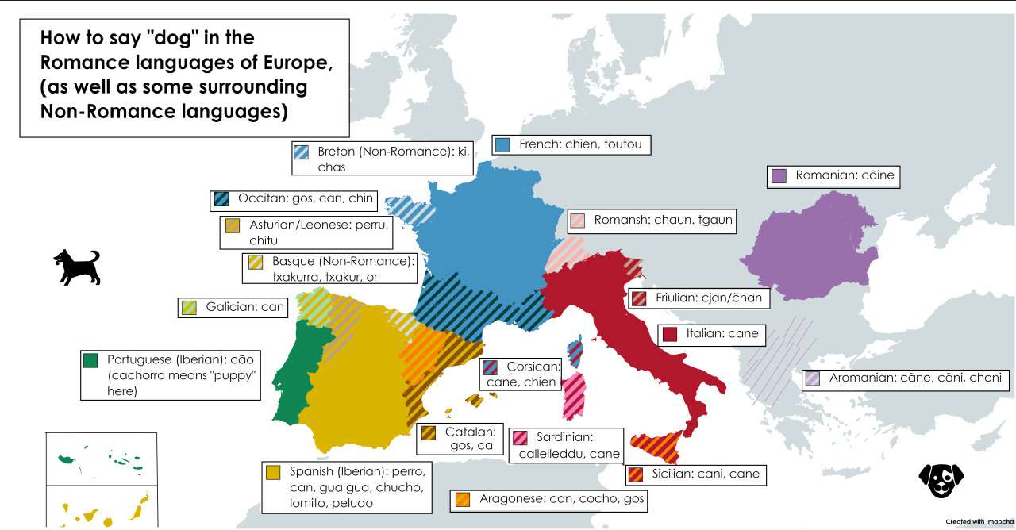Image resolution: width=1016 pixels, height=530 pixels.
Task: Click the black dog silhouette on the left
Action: [x=77, y=267]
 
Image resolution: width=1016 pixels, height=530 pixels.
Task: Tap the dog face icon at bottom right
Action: [x=941, y=480]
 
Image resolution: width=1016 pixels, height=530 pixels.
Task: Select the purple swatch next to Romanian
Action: [x=779, y=175]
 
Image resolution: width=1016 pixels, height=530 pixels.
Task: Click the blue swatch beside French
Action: [x=502, y=144]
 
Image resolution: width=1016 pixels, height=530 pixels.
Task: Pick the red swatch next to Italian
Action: [x=669, y=334]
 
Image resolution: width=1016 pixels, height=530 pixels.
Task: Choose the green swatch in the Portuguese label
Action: [x=90, y=360]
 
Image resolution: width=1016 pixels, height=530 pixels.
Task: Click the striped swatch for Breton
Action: [x=301, y=152]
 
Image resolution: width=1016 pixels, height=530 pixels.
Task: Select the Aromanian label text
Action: [x=914, y=378]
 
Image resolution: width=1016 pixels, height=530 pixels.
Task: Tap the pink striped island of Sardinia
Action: [x=573, y=394]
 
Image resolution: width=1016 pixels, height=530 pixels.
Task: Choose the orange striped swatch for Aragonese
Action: [x=463, y=500]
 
